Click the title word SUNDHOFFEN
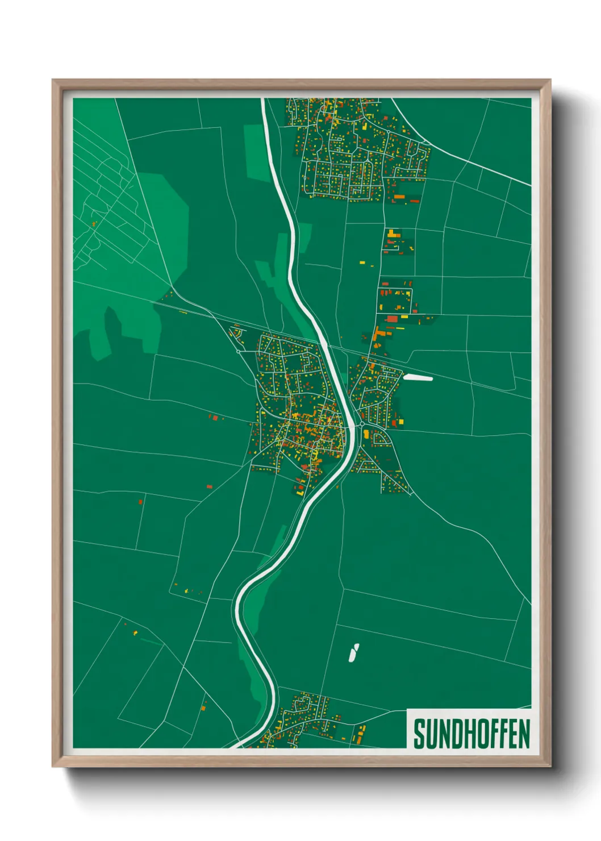(471, 734)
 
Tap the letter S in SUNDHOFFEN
(419, 734)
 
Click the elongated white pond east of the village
(418, 377)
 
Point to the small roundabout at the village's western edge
(238, 352)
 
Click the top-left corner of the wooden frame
(53, 80)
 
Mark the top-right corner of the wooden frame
(550, 80)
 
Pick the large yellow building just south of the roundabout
(367, 435)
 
